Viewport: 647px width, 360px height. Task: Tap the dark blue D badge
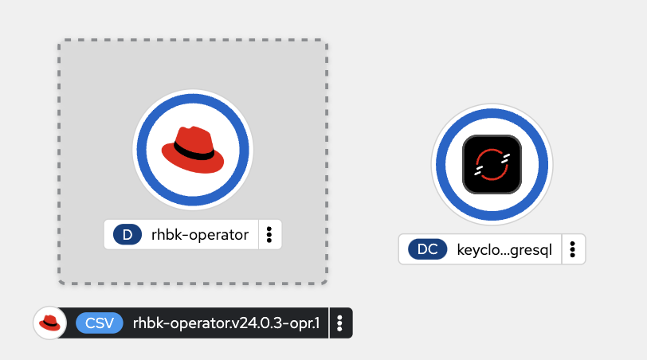click(127, 234)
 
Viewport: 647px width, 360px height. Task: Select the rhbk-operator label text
click(200, 234)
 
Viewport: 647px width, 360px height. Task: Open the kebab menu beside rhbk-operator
click(269, 234)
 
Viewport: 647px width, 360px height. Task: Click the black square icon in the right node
click(492, 164)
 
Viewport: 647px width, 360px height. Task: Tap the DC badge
click(427, 249)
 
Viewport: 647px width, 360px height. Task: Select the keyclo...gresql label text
click(504, 249)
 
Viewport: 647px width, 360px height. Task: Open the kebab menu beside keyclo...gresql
click(573, 249)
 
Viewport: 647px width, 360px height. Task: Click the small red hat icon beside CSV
click(49, 323)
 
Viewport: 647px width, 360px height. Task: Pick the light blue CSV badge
click(100, 323)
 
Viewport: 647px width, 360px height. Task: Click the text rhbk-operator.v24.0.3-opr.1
click(226, 323)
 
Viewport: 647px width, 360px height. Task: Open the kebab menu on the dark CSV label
click(339, 323)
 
